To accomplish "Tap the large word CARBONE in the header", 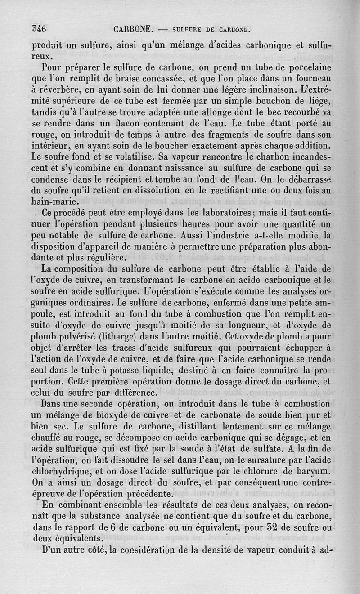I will [x=133, y=30].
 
